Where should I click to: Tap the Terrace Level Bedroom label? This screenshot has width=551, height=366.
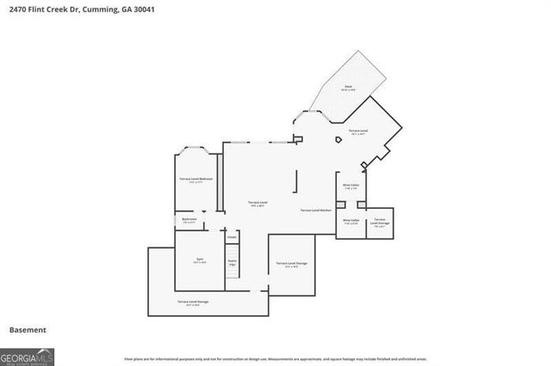coord(195,180)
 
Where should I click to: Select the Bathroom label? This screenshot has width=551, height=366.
coord(189,220)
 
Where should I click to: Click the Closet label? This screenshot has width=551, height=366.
coord(232,237)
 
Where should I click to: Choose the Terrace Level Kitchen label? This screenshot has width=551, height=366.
coord(316,210)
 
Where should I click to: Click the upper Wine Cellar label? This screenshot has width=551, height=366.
coord(350,186)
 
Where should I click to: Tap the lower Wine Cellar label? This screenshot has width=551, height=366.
coord(350,221)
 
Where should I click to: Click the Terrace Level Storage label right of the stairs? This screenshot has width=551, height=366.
coord(292,264)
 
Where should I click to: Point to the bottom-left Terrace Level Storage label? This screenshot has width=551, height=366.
coord(193,302)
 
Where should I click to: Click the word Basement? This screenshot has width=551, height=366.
coord(28,330)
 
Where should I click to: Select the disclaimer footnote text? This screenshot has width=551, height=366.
coord(275,358)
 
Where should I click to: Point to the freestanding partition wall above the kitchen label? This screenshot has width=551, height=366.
coord(297,181)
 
